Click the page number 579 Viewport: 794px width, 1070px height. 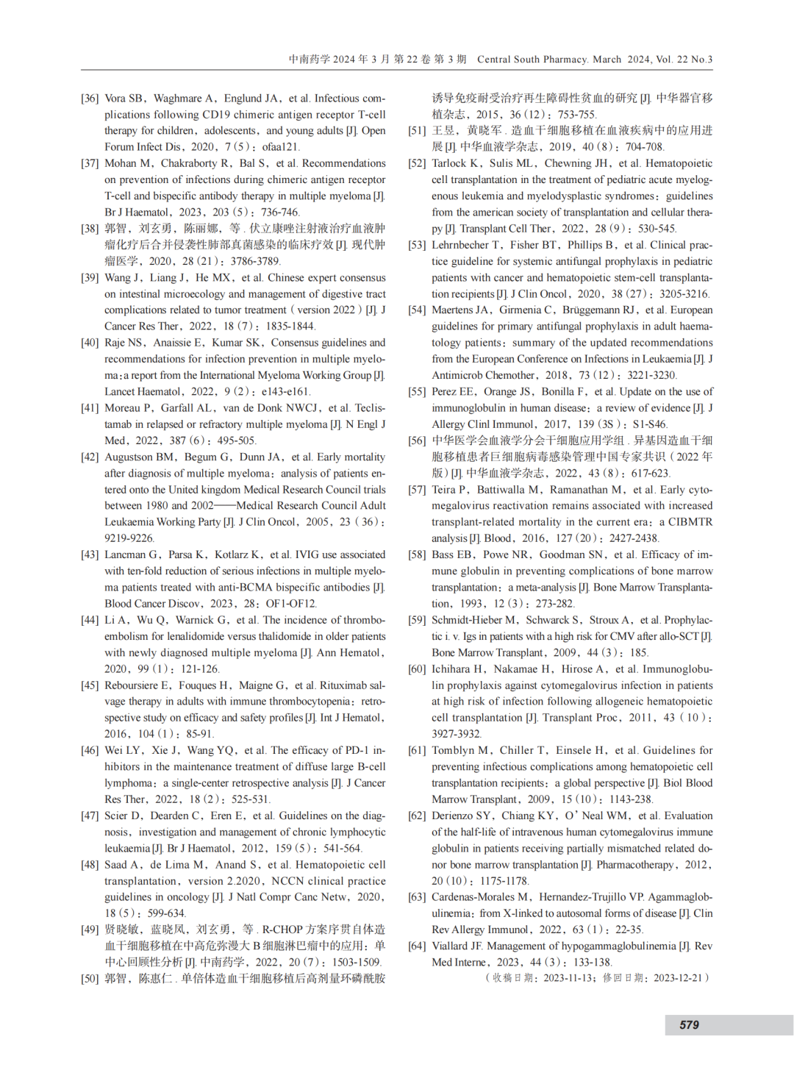[x=689, y=1024]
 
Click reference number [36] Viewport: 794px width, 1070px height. [x=90, y=99]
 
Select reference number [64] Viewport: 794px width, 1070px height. [x=417, y=946]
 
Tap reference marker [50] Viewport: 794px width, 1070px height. [x=90, y=979]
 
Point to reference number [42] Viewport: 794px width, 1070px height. [x=90, y=457]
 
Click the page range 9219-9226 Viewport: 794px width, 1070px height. [x=129, y=538]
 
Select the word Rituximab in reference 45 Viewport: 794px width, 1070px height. [x=343, y=685]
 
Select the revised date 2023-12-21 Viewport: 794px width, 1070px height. [x=678, y=978]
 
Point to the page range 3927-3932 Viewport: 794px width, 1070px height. [x=456, y=734]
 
